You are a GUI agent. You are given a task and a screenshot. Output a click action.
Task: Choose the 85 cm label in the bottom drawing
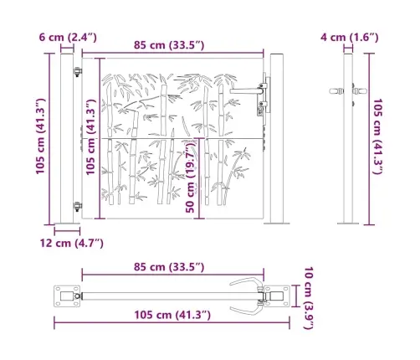click(x=160, y=266)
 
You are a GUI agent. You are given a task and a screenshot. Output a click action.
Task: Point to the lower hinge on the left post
click(x=77, y=207)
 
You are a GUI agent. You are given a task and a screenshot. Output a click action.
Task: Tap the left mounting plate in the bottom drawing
click(x=65, y=295)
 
